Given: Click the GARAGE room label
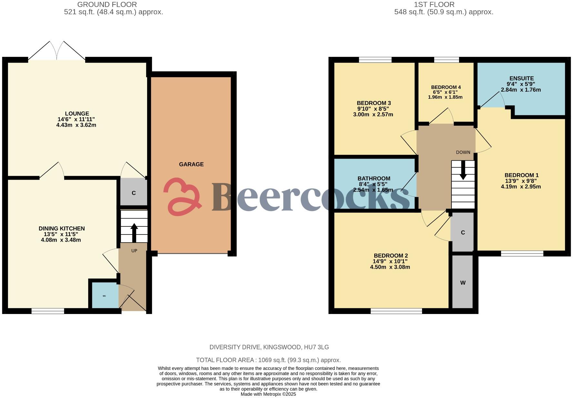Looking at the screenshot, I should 191,164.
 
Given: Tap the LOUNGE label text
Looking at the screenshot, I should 77,114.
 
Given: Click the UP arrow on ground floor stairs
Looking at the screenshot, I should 134,232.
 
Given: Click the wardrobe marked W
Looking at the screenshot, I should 463,283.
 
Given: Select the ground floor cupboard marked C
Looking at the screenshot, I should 134,193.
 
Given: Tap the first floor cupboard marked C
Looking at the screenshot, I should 463,233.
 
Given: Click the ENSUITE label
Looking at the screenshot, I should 521,79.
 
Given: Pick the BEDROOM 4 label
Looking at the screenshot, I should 446,87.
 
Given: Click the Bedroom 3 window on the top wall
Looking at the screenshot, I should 375,60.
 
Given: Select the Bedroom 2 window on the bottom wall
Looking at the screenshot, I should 396,311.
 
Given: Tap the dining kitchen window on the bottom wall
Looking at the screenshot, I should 48,311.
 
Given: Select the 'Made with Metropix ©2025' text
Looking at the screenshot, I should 268,394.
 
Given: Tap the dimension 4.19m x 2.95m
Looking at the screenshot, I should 521,187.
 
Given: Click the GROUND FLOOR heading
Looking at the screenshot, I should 107,5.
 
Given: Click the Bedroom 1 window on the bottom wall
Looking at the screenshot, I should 522,254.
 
